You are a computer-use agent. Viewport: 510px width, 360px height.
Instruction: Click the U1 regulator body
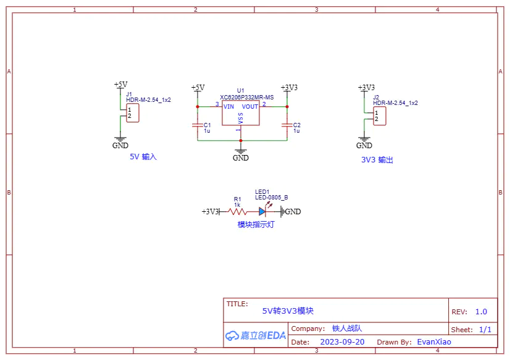pyautogui.click(x=240, y=114)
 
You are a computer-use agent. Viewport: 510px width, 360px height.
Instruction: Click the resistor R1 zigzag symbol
pyautogui.click(x=238, y=211)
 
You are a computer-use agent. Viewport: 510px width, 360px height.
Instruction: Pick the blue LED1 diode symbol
pyautogui.click(x=262, y=211)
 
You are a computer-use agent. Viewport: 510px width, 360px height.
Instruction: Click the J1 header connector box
pyautogui.click(x=132, y=113)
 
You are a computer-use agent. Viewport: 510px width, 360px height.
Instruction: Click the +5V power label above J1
pyautogui.click(x=120, y=85)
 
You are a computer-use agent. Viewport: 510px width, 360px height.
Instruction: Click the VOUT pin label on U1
pyautogui.click(x=250, y=107)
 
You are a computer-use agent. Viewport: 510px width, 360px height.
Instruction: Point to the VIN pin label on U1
pyautogui.click(x=228, y=107)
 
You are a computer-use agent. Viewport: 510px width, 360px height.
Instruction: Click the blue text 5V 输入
pyautogui.click(x=143, y=157)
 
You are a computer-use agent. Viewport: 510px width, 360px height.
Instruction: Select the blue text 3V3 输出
pyautogui.click(x=377, y=160)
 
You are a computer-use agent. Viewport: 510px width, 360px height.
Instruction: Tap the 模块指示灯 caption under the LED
pyautogui.click(x=256, y=225)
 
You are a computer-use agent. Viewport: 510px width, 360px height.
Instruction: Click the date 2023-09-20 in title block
pyautogui.click(x=342, y=341)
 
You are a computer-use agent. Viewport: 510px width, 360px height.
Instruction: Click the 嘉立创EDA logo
pyautogui.click(x=256, y=335)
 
